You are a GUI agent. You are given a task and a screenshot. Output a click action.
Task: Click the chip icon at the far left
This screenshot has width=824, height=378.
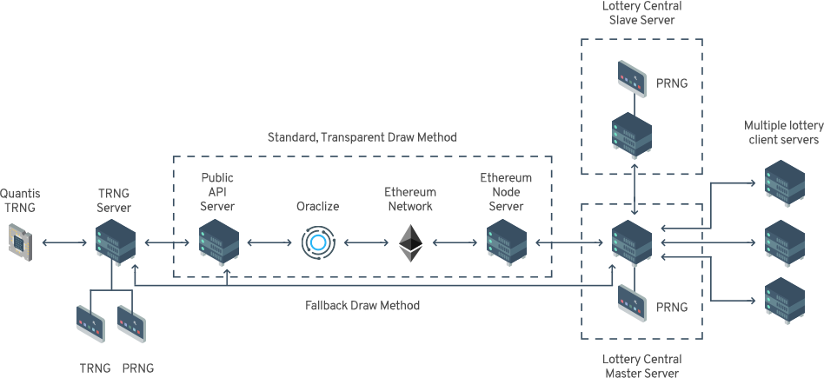pyautogui.click(x=19, y=242)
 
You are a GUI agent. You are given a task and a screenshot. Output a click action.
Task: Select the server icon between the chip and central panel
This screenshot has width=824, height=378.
pyautogui.click(x=116, y=242)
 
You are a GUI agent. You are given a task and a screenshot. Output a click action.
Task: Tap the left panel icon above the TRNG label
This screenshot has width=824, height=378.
pyautogui.click(x=90, y=323)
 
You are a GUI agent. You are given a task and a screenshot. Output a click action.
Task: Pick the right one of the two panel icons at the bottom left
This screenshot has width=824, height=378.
pyautogui.click(x=131, y=323)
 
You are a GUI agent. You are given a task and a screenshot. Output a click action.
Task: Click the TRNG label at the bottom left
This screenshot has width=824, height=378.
pyautogui.click(x=95, y=368)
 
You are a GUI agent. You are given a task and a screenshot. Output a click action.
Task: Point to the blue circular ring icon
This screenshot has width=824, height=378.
pyautogui.click(x=317, y=242)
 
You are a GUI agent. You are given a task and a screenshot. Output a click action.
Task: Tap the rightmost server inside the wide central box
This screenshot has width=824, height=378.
pyautogui.click(x=505, y=244)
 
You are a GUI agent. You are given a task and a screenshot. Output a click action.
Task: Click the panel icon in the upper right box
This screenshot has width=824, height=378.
pyautogui.click(x=632, y=78)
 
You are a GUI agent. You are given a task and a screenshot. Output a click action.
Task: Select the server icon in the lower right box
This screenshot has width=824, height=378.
pyautogui.click(x=631, y=243)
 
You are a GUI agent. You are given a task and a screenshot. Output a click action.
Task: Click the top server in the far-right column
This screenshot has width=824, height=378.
pyautogui.click(x=784, y=183)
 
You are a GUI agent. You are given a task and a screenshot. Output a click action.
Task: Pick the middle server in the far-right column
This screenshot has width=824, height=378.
pyautogui.click(x=784, y=242)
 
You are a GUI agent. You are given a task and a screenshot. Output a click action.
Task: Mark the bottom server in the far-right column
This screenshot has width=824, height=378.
pyautogui.click(x=784, y=301)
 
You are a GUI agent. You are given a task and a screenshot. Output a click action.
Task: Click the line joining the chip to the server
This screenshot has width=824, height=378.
pyautogui.click(x=63, y=242)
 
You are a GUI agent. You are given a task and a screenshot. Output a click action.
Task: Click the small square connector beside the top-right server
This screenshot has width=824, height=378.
pyautogui.click(x=751, y=182)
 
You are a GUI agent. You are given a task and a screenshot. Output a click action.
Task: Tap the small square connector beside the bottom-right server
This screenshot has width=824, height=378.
pyautogui.click(x=751, y=301)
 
